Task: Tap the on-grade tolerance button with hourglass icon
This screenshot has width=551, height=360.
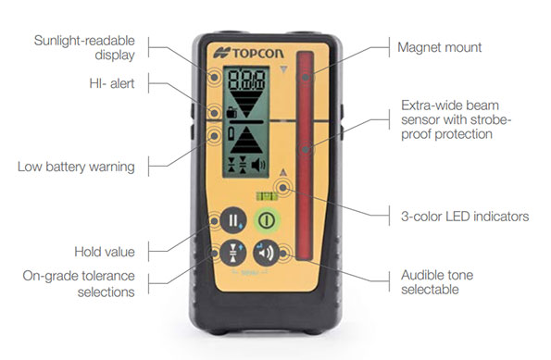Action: coord(232,253)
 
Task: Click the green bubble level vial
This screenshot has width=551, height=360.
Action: coord(267,194)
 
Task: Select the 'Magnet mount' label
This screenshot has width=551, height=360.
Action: coord(439,46)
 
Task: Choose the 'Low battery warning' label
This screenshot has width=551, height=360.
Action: coord(76,167)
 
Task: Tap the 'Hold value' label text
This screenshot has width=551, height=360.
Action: coord(105,252)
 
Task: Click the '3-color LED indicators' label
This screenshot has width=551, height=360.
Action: coord(463,217)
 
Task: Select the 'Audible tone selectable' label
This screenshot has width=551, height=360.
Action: coord(445,282)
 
